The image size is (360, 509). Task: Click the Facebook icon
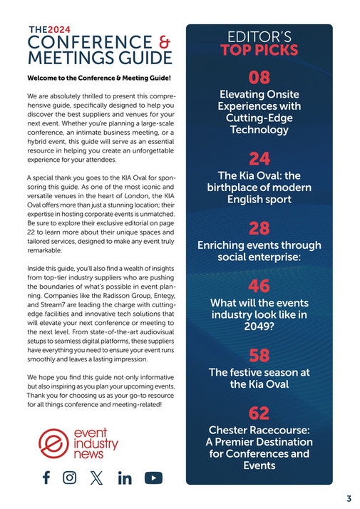click(46, 478)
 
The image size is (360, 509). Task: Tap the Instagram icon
click(70, 478)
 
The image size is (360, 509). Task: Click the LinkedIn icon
click(125, 478)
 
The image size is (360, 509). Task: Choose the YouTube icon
click(153, 478)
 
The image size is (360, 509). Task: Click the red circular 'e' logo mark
click(52, 444)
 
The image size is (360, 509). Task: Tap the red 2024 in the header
click(61, 29)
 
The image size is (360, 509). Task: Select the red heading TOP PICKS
click(259, 51)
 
